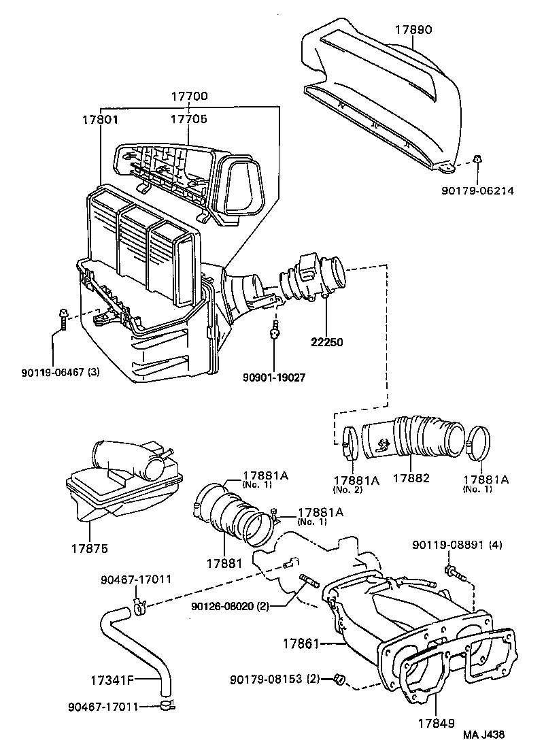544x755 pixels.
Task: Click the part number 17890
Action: point(413,30)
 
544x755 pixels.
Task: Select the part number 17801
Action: point(101,119)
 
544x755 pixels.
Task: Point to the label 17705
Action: point(188,119)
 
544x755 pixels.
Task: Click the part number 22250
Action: point(326,341)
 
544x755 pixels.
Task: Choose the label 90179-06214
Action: point(477,191)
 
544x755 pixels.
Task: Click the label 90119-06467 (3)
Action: point(61,371)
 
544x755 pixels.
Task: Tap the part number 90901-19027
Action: point(275,376)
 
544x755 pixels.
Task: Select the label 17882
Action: point(411,478)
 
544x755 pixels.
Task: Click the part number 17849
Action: point(436,724)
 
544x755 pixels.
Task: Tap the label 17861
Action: point(303,642)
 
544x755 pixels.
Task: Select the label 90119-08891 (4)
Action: point(457,545)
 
